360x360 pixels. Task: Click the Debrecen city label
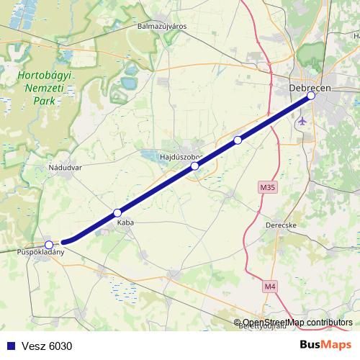pos(309,87)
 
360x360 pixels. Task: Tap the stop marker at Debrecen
pos(311,96)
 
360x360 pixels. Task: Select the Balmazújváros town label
pos(162,26)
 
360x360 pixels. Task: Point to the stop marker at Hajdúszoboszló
pos(194,166)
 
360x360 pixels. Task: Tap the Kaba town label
pos(125,223)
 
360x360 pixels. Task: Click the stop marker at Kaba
pos(117,213)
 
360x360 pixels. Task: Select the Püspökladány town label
pos(41,253)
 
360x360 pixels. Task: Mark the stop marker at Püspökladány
pos(48,244)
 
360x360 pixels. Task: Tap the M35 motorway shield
pos(268,187)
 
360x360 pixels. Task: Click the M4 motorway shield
pos(269,287)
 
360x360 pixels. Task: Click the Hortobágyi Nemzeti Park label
pos(34,87)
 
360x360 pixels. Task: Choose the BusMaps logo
pos(325,345)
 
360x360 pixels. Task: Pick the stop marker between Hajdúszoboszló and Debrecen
pos(238,140)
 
